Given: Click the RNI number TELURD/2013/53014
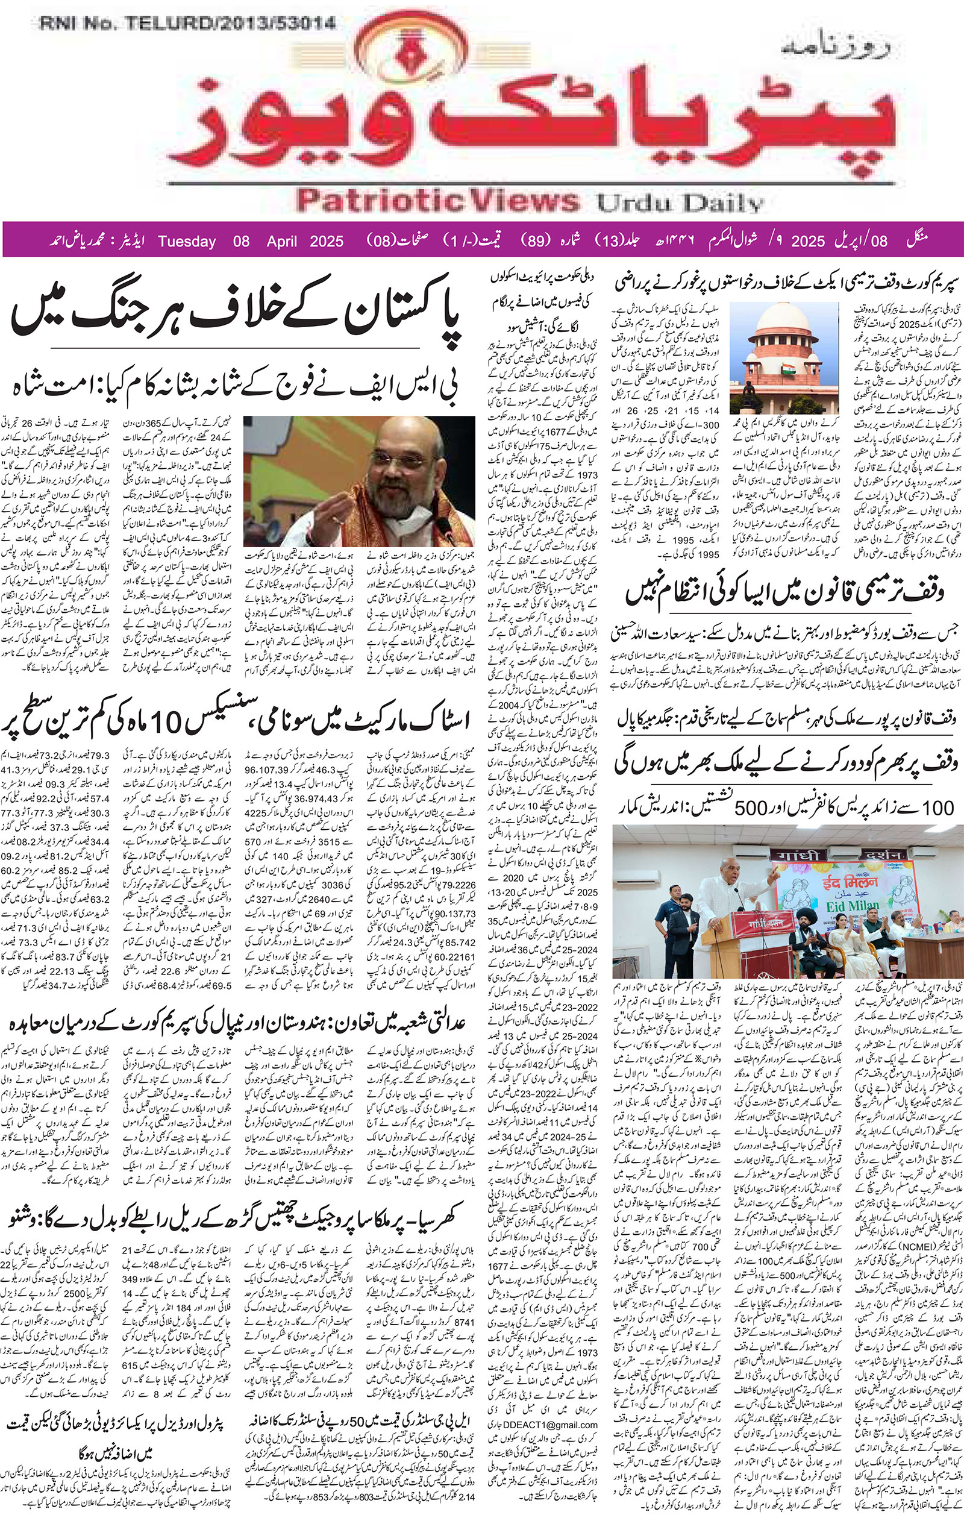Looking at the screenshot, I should pos(187,25).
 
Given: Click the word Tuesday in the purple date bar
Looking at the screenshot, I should pos(187,242).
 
